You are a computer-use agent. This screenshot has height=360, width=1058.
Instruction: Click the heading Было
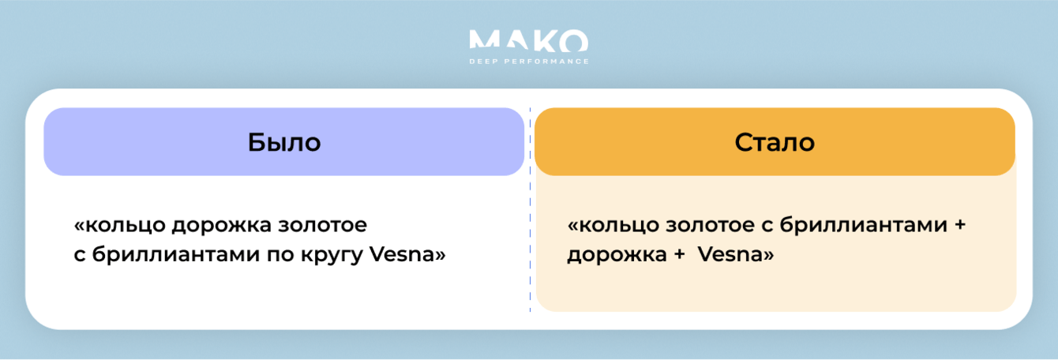click(x=284, y=142)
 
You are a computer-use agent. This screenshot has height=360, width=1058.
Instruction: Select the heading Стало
click(x=775, y=142)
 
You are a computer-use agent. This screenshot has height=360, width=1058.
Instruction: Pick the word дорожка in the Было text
click(x=222, y=225)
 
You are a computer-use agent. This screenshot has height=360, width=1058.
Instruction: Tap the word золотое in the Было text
click(x=323, y=225)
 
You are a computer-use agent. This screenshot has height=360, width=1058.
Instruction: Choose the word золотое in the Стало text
click(x=710, y=225)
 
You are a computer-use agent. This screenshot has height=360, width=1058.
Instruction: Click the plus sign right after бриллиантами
click(x=960, y=225)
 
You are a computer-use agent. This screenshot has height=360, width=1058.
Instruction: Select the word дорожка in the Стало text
click(x=617, y=255)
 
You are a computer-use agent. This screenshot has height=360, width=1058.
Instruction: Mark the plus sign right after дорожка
click(x=680, y=255)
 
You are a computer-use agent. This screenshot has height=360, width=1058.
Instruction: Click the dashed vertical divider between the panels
click(x=530, y=210)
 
